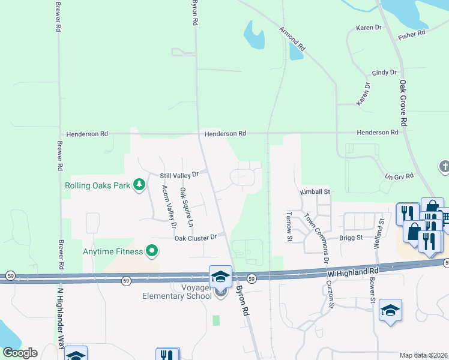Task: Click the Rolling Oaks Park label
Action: pyautogui.click(x=97, y=185)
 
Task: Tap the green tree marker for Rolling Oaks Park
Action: pyautogui.click(x=140, y=184)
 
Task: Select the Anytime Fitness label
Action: pyautogui.click(x=113, y=251)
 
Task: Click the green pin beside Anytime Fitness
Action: pyautogui.click(x=152, y=251)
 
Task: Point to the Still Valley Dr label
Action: pyautogui.click(x=179, y=175)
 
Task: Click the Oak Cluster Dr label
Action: pyautogui.click(x=196, y=238)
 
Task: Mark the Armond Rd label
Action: pyautogui.click(x=292, y=38)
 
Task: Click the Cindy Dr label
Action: pyautogui.click(x=384, y=73)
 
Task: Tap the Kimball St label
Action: pyautogui.click(x=316, y=192)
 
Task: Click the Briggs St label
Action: pyautogui.click(x=351, y=238)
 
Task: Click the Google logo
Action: pyautogui.click(x=20, y=353)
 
